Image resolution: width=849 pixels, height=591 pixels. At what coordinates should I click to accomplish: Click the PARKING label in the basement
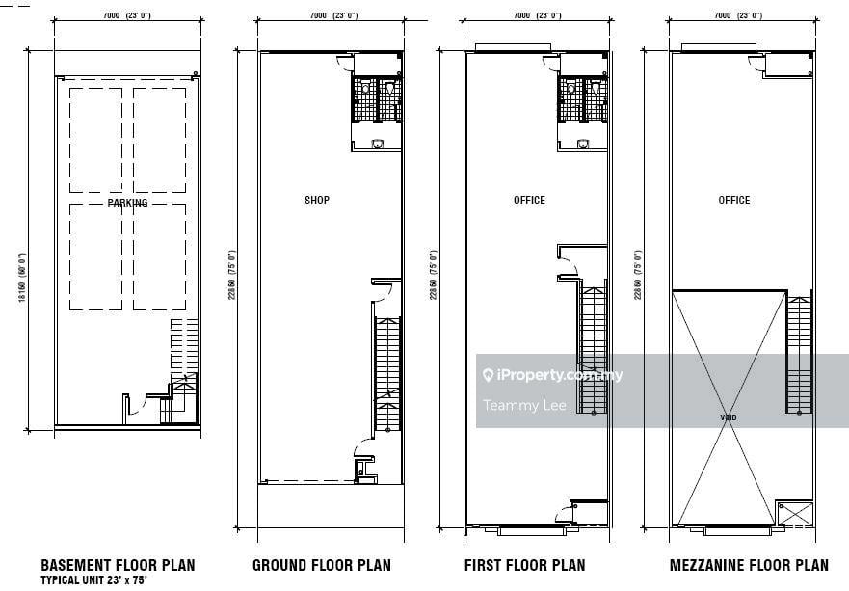pos(127,203)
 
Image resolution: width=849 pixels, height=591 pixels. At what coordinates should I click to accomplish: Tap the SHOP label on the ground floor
pos(317,201)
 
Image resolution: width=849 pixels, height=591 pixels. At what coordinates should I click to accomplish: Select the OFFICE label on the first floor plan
pos(529,201)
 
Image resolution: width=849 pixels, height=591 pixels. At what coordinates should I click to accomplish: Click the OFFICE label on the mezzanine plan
pos(733,201)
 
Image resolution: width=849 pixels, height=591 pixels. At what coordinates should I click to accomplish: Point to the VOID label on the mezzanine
pos(730,417)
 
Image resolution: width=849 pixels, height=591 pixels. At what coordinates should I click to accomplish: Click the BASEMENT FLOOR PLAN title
pos(118,565)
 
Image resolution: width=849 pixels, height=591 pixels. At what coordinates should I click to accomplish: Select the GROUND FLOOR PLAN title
pos(321,565)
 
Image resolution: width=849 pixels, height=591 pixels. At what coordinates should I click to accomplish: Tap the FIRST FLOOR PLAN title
pos(524,565)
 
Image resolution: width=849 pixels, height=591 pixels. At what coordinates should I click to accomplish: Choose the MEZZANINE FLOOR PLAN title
pos(749,565)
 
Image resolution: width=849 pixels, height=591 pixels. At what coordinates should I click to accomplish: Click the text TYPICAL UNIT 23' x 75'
pos(93,580)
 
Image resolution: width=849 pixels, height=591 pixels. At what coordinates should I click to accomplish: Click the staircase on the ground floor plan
pos(387,371)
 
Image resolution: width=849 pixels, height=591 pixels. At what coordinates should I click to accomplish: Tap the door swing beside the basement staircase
pos(135,406)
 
